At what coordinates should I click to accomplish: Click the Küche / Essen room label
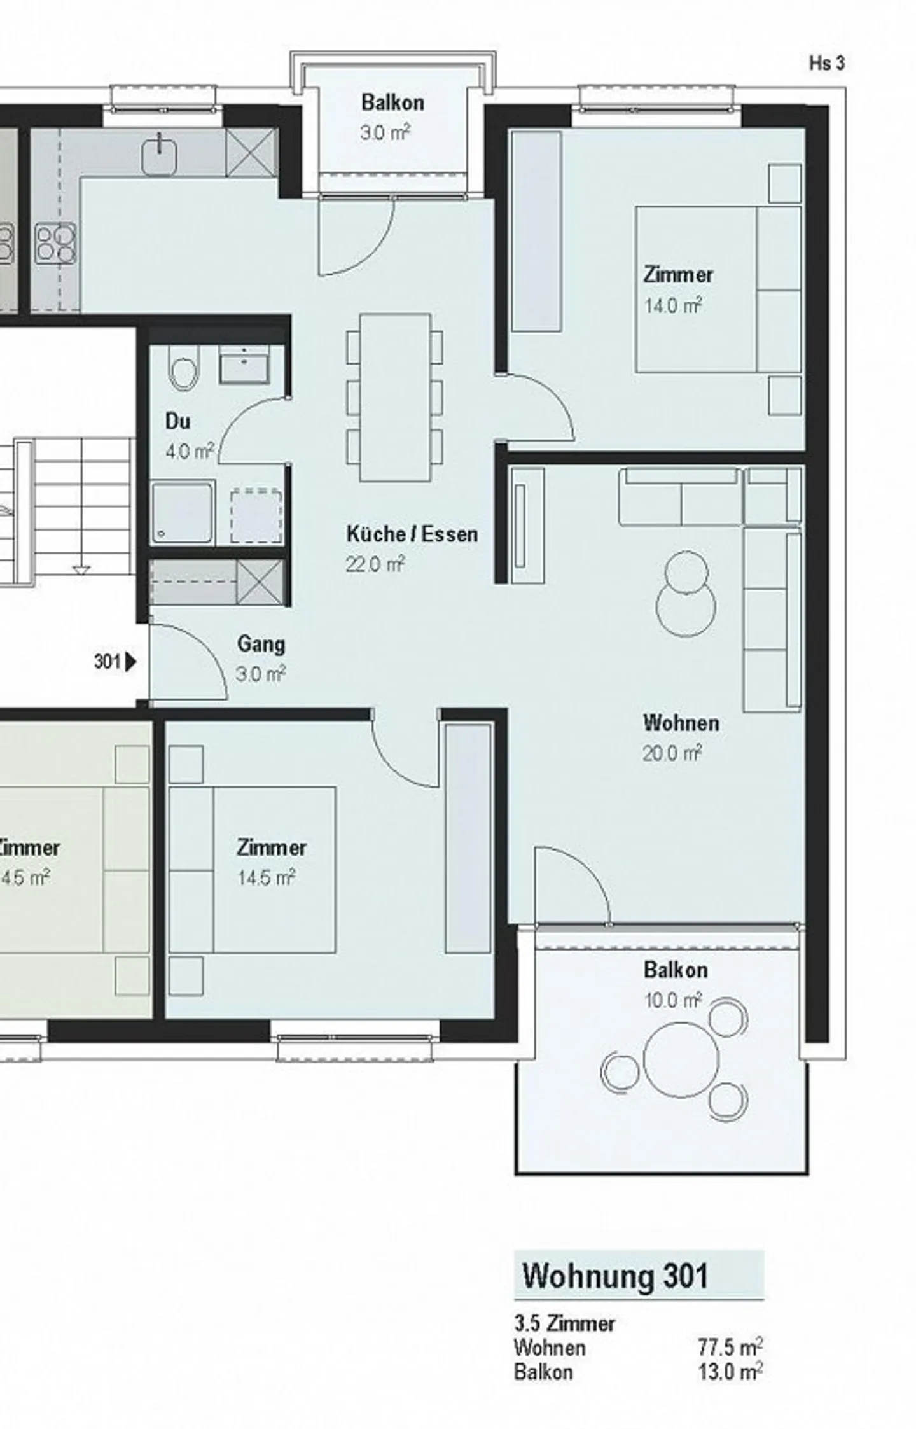point(412,534)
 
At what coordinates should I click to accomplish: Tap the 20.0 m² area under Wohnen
point(672,753)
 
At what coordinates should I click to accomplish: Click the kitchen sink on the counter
point(159,156)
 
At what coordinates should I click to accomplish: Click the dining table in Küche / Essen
point(395,398)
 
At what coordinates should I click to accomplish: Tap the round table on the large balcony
point(681,1060)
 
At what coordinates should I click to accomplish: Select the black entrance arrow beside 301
point(131,662)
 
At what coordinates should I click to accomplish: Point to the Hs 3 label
point(827,63)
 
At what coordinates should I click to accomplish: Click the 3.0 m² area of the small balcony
point(385,133)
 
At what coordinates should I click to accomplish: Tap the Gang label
point(261,645)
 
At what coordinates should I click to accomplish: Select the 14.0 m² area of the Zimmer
point(673,306)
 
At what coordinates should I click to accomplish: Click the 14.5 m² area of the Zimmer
point(266,878)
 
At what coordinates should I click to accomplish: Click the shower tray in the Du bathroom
point(183,513)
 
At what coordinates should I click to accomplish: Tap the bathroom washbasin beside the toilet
point(244,365)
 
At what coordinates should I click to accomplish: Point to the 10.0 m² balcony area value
point(673,1000)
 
